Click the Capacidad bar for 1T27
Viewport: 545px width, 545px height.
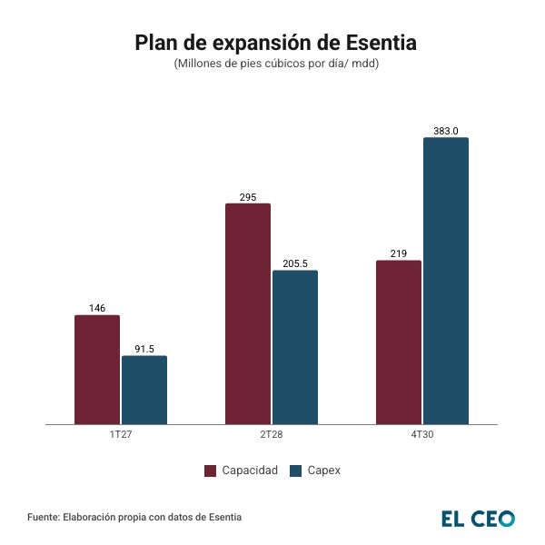click(97, 369)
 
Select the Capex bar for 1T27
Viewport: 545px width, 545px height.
click(144, 390)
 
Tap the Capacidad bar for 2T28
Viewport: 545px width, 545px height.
click(248, 313)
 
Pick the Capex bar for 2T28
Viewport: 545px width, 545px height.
click(295, 347)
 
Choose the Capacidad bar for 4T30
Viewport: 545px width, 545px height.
click(399, 342)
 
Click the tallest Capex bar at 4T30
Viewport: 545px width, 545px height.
click(446, 281)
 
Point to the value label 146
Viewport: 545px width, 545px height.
click(97, 309)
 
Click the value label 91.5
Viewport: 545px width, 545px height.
click(144, 349)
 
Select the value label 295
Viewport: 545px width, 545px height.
click(248, 197)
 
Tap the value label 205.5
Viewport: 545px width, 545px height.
click(295, 264)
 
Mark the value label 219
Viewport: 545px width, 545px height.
click(399, 254)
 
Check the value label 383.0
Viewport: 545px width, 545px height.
click(446, 132)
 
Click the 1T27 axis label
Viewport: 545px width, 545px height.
click(121, 436)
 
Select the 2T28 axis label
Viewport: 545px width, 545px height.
click(272, 436)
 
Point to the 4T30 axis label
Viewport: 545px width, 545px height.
click(422, 436)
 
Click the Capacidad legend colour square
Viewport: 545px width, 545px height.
click(210, 471)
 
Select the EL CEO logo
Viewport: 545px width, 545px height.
click(478, 518)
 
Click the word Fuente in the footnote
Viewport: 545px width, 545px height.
click(44, 517)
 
